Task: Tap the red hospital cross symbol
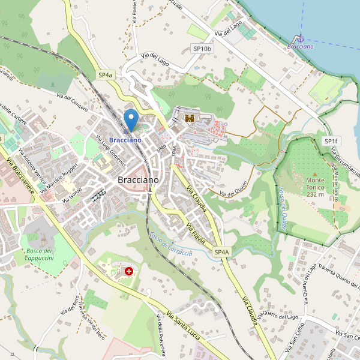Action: click(128, 271)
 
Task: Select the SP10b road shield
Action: click(202, 48)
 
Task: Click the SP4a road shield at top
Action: click(105, 75)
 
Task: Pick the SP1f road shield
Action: click(331, 141)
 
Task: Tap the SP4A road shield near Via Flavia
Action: click(221, 253)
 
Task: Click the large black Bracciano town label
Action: click(138, 180)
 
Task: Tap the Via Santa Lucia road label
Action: click(183, 325)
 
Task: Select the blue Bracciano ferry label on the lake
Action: click(300, 46)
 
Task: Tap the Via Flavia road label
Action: click(196, 233)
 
